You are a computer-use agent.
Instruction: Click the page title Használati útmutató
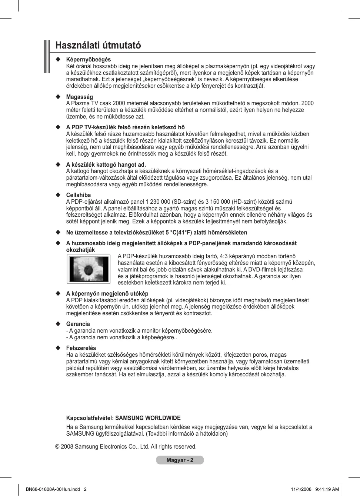coord(98,46)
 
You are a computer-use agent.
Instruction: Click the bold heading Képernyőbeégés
coord(89,60)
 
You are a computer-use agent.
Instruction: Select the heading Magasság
coord(80,97)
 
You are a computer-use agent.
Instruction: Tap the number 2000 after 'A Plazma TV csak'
coord(119,103)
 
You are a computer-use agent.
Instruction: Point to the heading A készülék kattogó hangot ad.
coord(106,165)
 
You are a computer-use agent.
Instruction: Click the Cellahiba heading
coord(79,195)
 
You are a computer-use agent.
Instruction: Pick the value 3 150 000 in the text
coord(218,202)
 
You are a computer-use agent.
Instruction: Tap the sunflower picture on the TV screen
coord(89,269)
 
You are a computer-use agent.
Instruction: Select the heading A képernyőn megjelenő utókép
coord(107,294)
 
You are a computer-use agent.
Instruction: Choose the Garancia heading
coord(78,324)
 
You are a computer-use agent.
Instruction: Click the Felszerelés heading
coord(81,348)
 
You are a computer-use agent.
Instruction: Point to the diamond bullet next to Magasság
coord(58,97)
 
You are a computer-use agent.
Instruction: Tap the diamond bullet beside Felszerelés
coord(58,348)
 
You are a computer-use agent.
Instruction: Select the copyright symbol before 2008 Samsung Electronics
coord(57,447)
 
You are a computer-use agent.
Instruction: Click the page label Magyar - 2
coord(180,460)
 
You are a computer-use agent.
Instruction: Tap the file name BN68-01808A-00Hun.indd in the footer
coord(53,489)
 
